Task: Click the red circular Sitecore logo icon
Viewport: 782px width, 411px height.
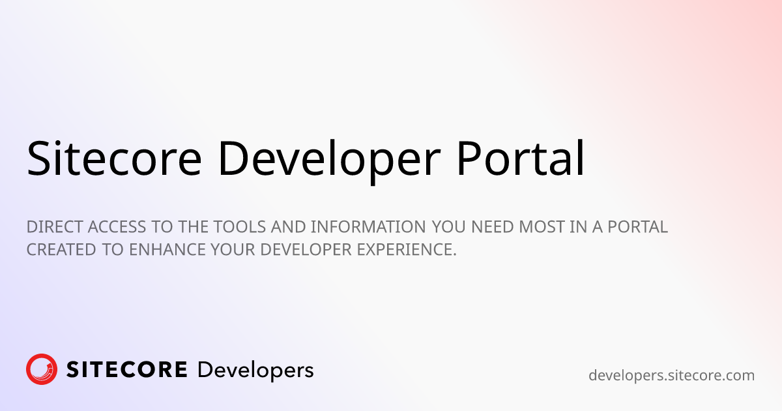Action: [42, 370]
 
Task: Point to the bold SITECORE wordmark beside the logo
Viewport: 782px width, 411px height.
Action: [127, 370]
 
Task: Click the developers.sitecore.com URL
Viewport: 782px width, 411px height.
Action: [671, 376]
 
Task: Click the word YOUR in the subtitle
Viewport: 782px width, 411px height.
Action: [224, 250]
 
